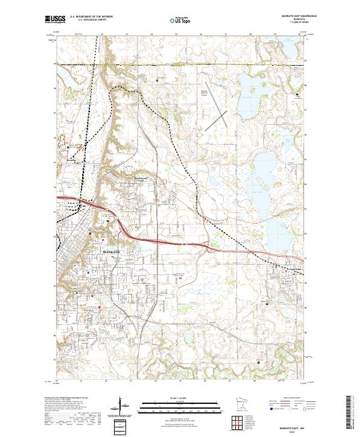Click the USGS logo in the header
(55, 19)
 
